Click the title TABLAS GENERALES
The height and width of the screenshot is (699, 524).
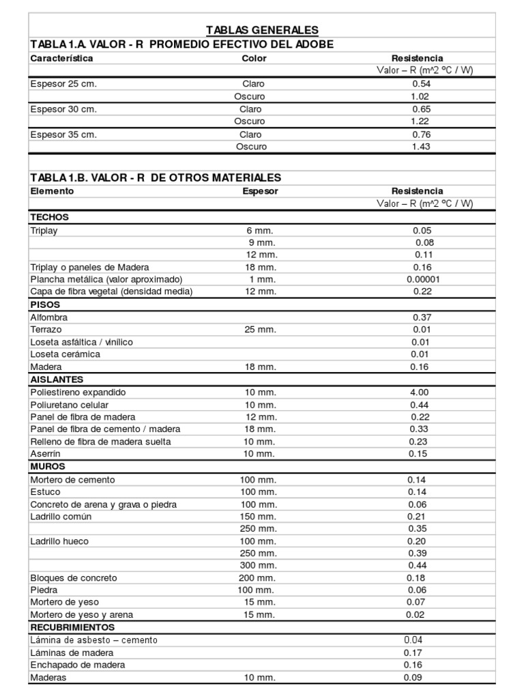click(x=263, y=30)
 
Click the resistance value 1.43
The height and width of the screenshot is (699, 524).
click(x=421, y=147)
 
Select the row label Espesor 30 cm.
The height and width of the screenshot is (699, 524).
click(x=63, y=109)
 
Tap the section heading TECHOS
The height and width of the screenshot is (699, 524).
click(x=50, y=217)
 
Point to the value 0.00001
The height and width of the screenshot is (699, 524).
click(x=423, y=279)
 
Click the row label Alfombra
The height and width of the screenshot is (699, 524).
click(x=49, y=317)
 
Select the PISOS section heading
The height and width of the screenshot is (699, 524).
click(x=45, y=305)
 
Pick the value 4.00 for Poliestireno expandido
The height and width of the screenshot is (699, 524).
click(x=419, y=393)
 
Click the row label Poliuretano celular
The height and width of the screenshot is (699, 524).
click(x=70, y=405)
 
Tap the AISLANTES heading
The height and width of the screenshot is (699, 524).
click(x=57, y=379)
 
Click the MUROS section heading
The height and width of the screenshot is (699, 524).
click(x=48, y=467)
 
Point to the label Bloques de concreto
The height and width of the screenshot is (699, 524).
click(x=74, y=578)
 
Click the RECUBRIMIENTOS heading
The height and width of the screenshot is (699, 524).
click(x=72, y=627)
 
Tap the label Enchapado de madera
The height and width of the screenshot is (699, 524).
click(x=78, y=665)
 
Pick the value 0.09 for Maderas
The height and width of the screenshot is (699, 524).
click(x=413, y=678)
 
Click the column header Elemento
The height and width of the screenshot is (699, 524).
click(x=52, y=191)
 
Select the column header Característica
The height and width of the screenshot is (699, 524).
click(x=61, y=59)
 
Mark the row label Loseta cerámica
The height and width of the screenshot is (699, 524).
click(x=65, y=354)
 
